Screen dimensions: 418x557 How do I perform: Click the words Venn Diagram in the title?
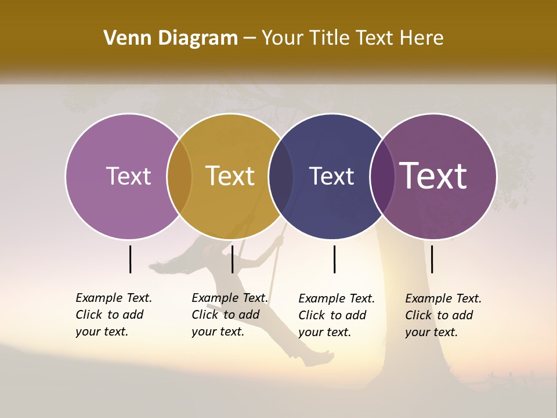point(171,38)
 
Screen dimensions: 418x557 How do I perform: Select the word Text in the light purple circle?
point(128,176)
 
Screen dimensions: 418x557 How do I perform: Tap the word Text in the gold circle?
point(230,176)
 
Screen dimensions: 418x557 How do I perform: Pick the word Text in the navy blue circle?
point(331,176)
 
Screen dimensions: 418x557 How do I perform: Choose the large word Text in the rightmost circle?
point(433,176)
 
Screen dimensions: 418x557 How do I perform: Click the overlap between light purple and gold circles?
point(179,176)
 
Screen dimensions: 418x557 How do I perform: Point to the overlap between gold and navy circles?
point(281,176)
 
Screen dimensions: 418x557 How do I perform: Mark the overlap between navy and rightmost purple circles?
point(382,176)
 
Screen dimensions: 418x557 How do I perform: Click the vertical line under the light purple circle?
point(130,259)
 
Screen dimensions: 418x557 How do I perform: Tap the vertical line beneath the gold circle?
point(232,259)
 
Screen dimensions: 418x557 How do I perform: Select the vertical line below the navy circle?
point(334,259)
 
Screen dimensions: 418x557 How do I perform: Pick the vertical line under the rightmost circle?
point(432,259)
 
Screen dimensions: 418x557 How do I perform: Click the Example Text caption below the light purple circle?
point(113,315)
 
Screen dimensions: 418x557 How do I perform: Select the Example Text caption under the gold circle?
point(229,315)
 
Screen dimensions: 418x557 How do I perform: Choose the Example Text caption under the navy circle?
point(336,315)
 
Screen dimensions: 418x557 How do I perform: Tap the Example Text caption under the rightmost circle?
point(443,315)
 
